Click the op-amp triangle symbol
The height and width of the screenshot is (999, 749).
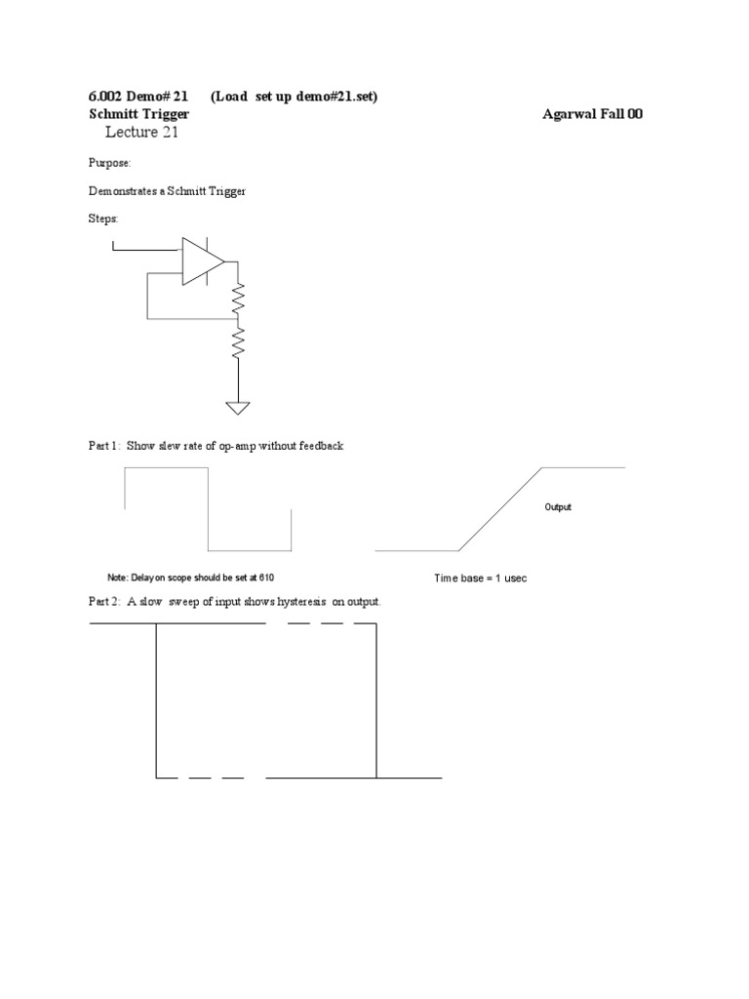pos(201,260)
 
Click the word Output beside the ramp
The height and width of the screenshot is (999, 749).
pos(558,507)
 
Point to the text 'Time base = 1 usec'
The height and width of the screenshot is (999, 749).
pos(480,579)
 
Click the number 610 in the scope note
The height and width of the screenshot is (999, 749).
pos(279,578)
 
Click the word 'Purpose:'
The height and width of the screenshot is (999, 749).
pos(109,164)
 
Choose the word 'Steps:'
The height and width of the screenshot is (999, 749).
pos(102,220)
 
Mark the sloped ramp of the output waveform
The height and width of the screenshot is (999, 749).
pos(500,509)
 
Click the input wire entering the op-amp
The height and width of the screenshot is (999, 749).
pos(146,249)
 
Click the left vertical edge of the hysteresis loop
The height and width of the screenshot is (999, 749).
pos(156,699)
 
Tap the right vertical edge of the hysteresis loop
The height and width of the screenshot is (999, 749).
pos(376,699)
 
